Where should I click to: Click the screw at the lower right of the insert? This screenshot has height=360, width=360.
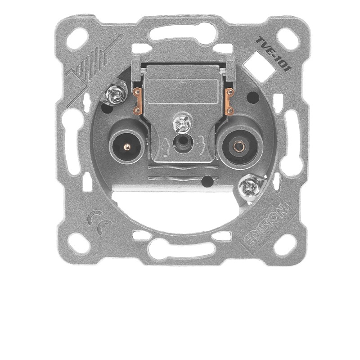(x=249, y=189)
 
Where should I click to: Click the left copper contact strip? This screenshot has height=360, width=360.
(x=138, y=101)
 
